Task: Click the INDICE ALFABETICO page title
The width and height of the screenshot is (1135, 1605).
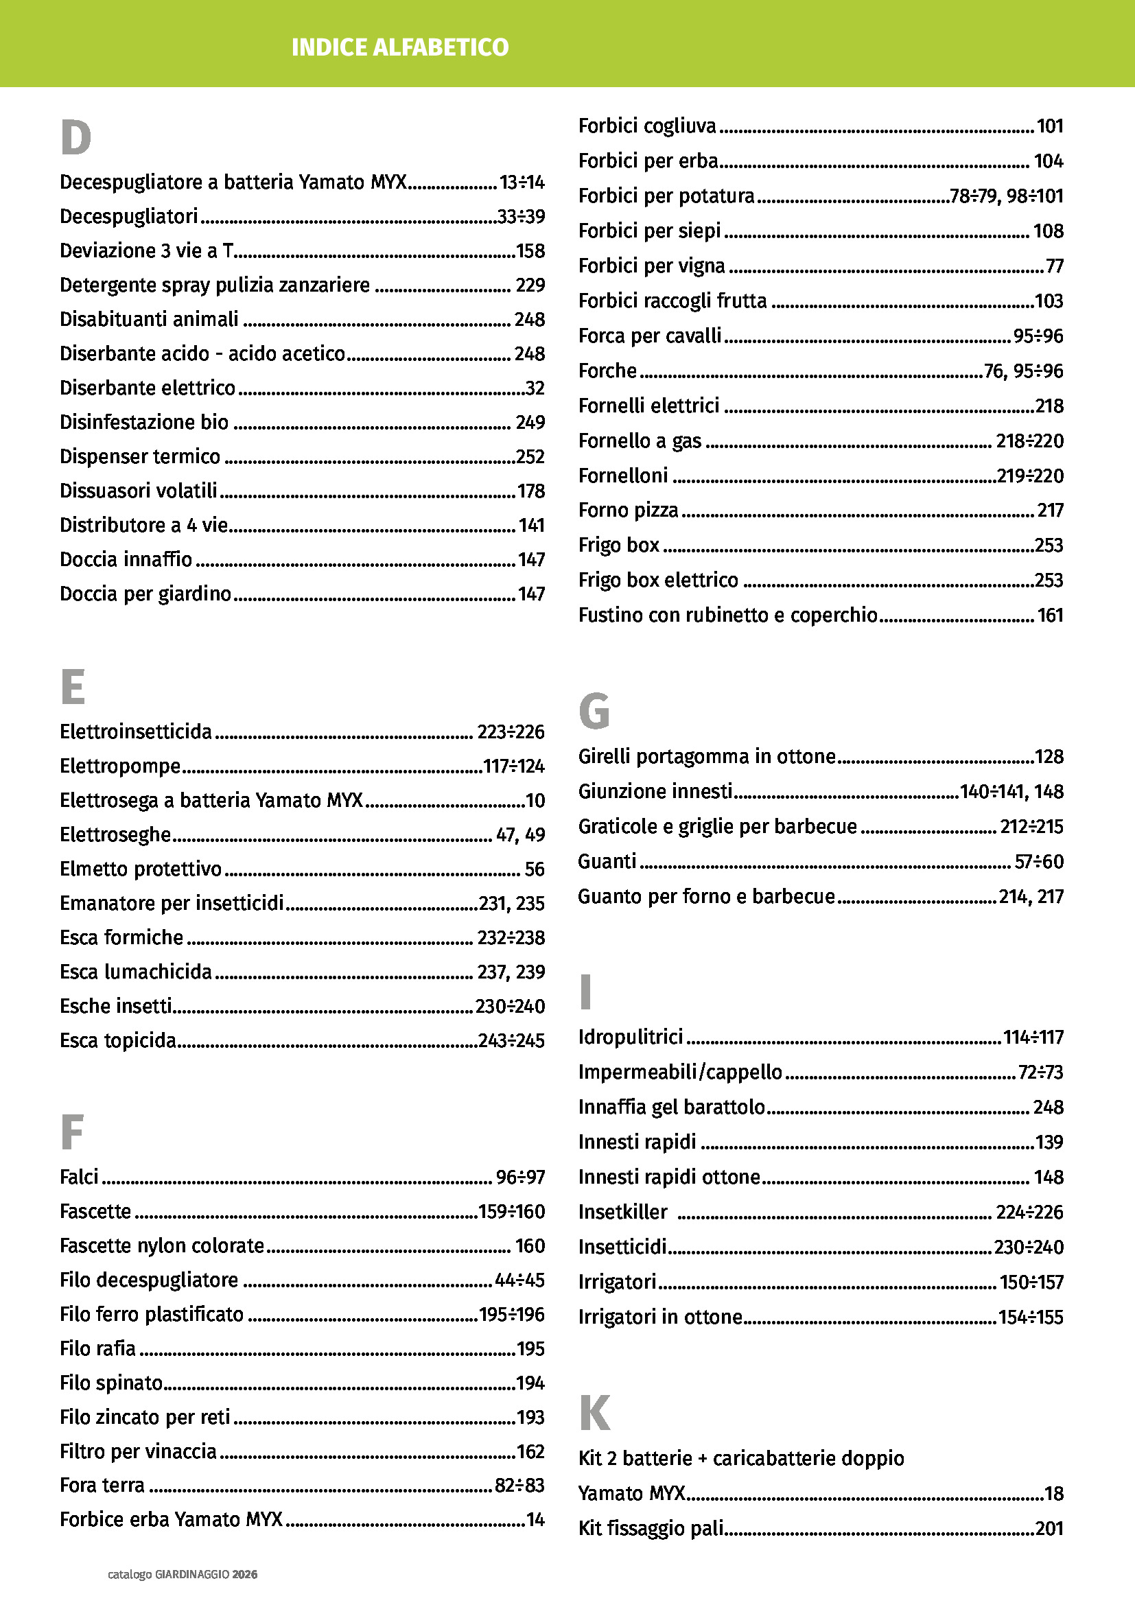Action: [x=400, y=47]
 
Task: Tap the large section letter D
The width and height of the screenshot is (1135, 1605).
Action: [x=75, y=138]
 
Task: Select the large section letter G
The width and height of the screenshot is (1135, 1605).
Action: [x=594, y=712]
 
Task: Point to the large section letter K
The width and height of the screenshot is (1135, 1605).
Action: [x=595, y=1413]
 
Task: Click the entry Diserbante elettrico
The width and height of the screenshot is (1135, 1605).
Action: [x=148, y=388]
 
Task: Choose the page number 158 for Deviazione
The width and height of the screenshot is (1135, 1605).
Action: [x=530, y=251]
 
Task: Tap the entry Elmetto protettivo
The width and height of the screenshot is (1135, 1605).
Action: [x=141, y=869]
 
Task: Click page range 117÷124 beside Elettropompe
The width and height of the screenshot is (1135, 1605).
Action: [x=514, y=766]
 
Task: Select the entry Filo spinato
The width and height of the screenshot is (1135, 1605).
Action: [x=111, y=1383]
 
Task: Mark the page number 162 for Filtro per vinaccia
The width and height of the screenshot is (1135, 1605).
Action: [x=530, y=1451]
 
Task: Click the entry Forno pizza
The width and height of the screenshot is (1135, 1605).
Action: [x=629, y=511]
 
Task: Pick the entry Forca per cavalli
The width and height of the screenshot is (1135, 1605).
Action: [x=650, y=336]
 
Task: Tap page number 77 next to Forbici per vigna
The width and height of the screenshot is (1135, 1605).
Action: [x=1054, y=266]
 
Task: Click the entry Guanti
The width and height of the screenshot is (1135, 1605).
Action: [x=607, y=861]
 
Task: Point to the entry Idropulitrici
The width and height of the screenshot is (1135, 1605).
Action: [x=631, y=1037]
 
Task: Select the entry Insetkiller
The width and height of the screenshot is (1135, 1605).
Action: [x=622, y=1211]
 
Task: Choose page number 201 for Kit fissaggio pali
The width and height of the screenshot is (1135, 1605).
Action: [x=1049, y=1528]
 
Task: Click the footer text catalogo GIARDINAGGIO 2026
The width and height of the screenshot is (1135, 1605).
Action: [x=183, y=1574]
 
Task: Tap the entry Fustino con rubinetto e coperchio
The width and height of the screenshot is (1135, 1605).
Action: [x=727, y=615]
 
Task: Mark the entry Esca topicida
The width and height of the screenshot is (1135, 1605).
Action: [x=117, y=1040]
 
